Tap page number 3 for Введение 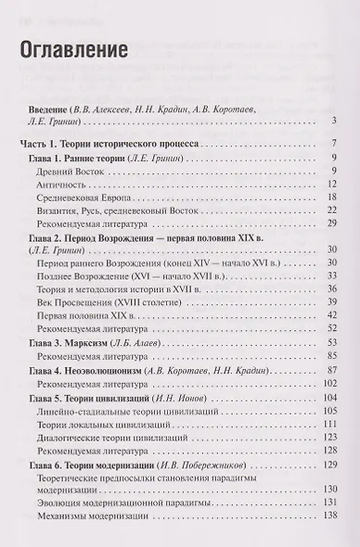pyautogui.click(x=331, y=121)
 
